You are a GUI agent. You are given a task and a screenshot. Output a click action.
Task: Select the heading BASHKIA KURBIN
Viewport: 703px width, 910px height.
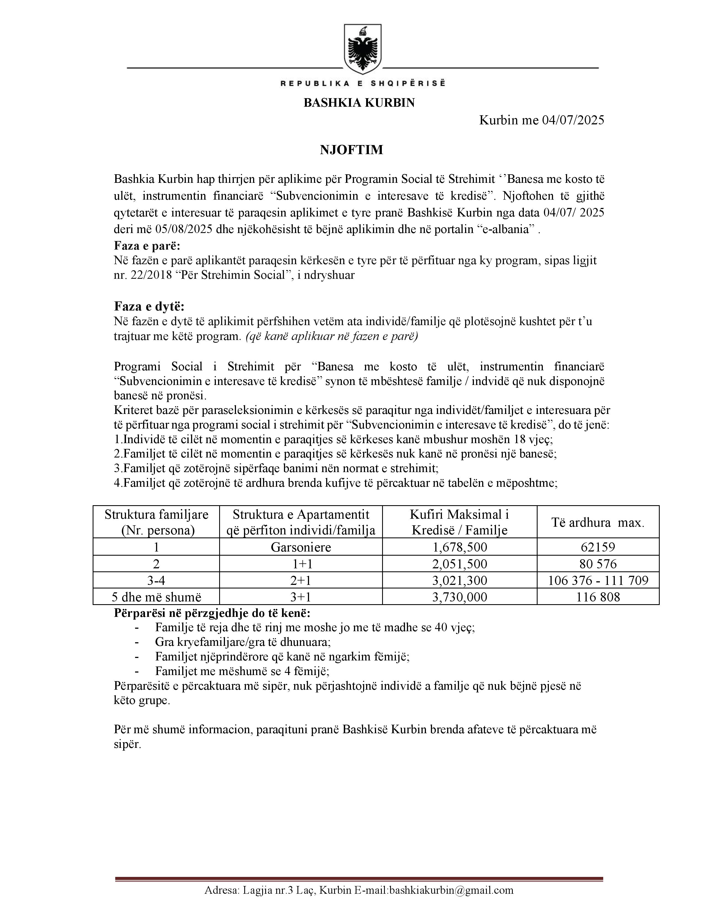pyautogui.click(x=359, y=103)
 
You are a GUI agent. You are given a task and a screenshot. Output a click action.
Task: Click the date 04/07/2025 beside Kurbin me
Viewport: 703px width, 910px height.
pyautogui.click(x=573, y=121)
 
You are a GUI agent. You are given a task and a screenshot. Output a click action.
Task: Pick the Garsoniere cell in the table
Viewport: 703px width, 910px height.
pyautogui.click(x=301, y=547)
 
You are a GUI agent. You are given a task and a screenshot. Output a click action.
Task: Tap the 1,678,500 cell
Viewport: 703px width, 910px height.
pyautogui.click(x=459, y=547)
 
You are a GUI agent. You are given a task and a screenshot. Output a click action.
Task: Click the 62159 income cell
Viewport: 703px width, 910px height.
pyautogui.click(x=598, y=547)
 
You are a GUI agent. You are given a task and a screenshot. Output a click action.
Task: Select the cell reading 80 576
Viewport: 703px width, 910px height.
pyautogui.click(x=598, y=564)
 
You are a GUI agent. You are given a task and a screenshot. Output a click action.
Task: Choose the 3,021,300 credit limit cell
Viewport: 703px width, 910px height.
pyautogui.click(x=459, y=580)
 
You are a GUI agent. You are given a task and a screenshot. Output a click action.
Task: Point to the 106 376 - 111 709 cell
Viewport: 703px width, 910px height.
pyautogui.click(x=598, y=580)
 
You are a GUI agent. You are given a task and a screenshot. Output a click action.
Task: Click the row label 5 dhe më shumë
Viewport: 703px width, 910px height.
pyautogui.click(x=156, y=597)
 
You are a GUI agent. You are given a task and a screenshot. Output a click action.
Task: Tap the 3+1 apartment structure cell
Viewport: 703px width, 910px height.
pyautogui.click(x=301, y=597)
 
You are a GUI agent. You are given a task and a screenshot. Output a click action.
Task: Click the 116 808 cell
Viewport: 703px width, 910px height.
pyautogui.click(x=598, y=597)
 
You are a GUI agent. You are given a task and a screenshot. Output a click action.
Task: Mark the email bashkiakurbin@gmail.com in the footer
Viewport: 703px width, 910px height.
pyautogui.click(x=451, y=890)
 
